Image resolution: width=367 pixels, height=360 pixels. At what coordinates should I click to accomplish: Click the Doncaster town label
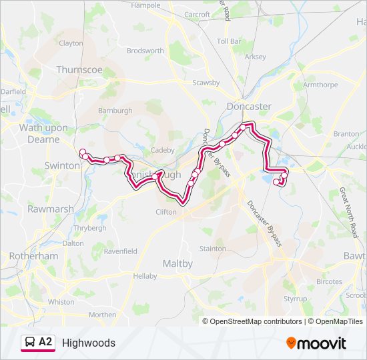[x=249, y=106]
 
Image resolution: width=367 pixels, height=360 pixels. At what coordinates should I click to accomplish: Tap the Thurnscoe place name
[x=79, y=69]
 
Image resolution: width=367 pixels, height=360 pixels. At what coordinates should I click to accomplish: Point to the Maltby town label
[x=178, y=263]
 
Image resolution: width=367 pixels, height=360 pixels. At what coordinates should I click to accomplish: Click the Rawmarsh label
[x=50, y=209]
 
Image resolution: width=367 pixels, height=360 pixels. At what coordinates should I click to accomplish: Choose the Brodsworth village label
[x=145, y=50]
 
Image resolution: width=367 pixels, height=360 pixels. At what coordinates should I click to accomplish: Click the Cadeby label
[x=163, y=150]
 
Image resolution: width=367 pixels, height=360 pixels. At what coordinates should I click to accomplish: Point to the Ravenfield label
[x=120, y=251]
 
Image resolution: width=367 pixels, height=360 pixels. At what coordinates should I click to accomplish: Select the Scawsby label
[x=206, y=83]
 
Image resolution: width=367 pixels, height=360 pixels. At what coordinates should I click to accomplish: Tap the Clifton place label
[x=166, y=212]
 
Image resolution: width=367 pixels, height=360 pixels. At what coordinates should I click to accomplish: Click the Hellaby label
[x=144, y=276]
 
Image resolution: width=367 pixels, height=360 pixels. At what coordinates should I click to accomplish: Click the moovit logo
[x=316, y=343]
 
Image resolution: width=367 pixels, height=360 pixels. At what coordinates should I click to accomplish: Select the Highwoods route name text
[x=89, y=343]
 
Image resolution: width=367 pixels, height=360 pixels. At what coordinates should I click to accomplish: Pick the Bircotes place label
[x=329, y=282]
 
